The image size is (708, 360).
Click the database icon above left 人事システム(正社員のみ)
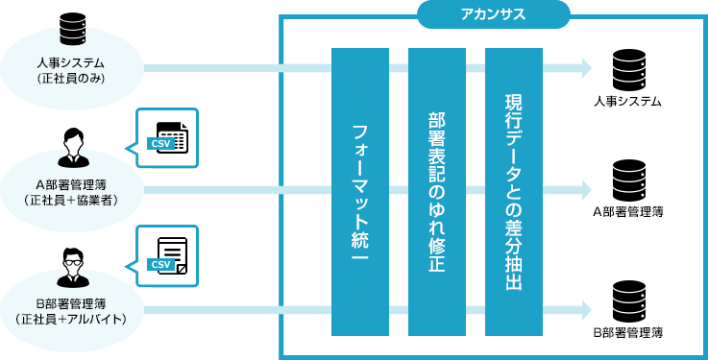coord(73,30)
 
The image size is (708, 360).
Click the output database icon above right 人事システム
coord(628,68)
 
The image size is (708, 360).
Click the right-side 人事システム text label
coord(628,102)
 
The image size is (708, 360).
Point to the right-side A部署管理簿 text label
coord(628,212)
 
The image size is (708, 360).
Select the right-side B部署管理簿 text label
coord(628,332)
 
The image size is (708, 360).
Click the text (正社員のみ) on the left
coord(73,79)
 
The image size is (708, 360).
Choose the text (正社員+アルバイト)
coord(73,318)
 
